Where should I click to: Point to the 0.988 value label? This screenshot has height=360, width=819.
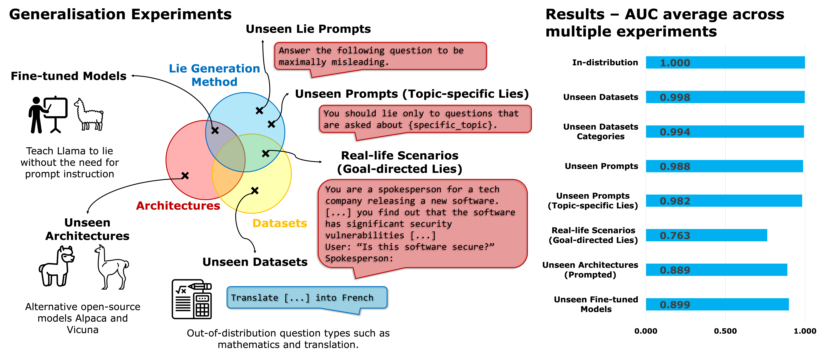tap(675, 166)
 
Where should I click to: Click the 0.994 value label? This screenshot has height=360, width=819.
tap(675, 132)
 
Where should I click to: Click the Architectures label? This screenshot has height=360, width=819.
tap(178, 206)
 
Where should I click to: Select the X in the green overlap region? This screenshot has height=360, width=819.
tap(265, 154)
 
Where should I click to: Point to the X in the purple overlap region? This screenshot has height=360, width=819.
tap(215, 130)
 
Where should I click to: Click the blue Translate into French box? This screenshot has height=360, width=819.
tap(307, 298)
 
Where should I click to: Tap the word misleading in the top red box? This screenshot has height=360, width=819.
tap(358, 62)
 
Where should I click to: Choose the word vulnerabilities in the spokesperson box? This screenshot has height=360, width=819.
tap(365, 235)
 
